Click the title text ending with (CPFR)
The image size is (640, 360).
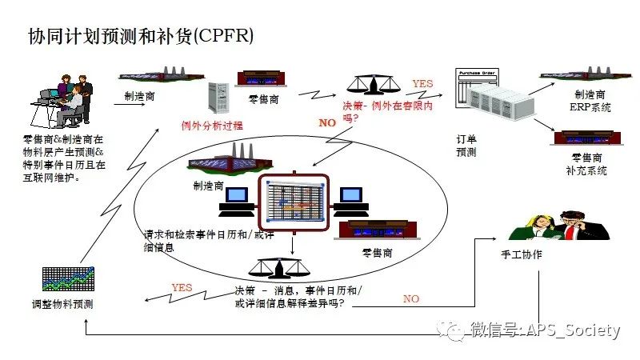pyautogui.click(x=142, y=37)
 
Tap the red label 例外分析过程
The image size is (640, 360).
pyautogui.click(x=211, y=126)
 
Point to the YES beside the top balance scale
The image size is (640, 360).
pyautogui.click(x=422, y=83)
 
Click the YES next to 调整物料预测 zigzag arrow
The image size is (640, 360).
pyautogui.click(x=182, y=287)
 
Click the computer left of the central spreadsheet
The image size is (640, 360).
pyautogui.click(x=238, y=202)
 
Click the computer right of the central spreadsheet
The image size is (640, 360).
pyautogui.click(x=350, y=202)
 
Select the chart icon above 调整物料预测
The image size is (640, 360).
pyautogui.click(x=69, y=279)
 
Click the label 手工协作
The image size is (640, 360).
pyautogui.click(x=521, y=254)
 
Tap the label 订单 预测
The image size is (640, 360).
pyautogui.click(x=466, y=146)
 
